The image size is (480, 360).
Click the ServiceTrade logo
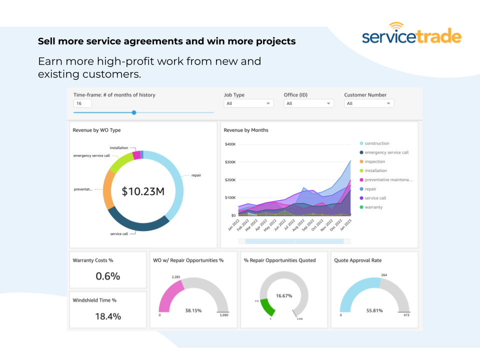pyautogui.click(x=411, y=35)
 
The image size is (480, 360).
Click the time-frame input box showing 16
pyautogui.click(x=82, y=103)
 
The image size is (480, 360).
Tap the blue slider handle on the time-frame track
pyautogui.click(x=134, y=112)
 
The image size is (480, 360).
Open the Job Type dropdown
pyautogui.click(x=249, y=103)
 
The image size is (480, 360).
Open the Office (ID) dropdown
pyautogui.click(x=308, y=103)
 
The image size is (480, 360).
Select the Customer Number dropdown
pyautogui.click(x=369, y=103)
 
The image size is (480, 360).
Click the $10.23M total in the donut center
pyautogui.click(x=143, y=191)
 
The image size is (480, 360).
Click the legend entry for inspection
pyautogui.click(x=374, y=161)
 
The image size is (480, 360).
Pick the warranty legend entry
pyautogui.click(x=373, y=207)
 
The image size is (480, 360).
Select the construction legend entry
pyautogui.click(x=376, y=143)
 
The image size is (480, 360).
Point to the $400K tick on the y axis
pyautogui.click(x=230, y=144)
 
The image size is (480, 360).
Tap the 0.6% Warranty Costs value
pyautogui.click(x=108, y=276)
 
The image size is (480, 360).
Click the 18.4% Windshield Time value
pyautogui.click(x=108, y=316)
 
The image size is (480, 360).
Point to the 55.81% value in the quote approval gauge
pyautogui.click(x=374, y=310)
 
